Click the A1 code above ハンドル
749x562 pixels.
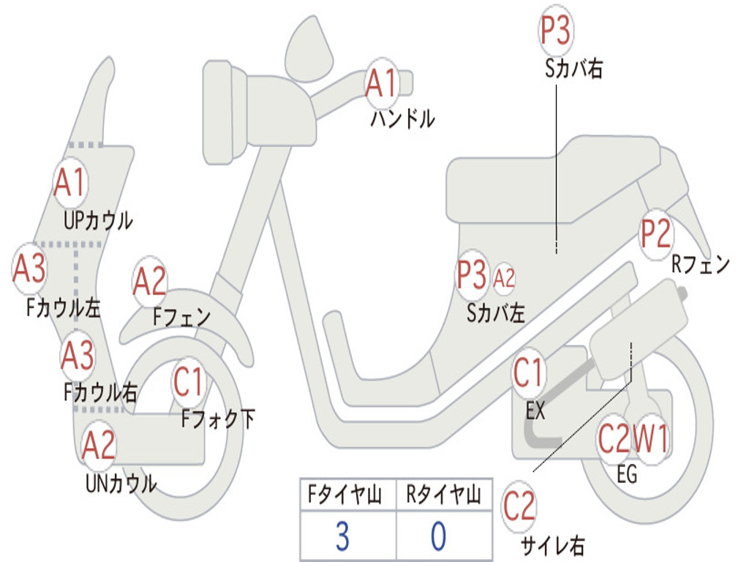pyautogui.click(x=381, y=83)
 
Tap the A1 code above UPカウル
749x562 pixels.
pyautogui.click(x=70, y=182)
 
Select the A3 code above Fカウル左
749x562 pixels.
pyautogui.click(x=30, y=268)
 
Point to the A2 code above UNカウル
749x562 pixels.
pyautogui.click(x=99, y=446)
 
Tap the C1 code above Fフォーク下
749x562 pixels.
pyautogui.click(x=189, y=381)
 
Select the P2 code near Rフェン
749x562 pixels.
pyautogui.click(x=655, y=233)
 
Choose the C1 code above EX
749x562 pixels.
pyautogui.click(x=529, y=373)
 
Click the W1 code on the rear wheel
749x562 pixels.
pyautogui.click(x=650, y=439)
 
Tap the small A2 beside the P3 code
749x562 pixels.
pyautogui.click(x=505, y=278)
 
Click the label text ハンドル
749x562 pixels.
pyautogui.click(x=402, y=118)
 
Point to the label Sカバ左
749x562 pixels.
pyautogui.click(x=496, y=313)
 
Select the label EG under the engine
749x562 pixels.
pyautogui.click(x=627, y=474)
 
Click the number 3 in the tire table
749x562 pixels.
pyautogui.click(x=342, y=536)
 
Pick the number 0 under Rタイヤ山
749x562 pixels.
pyautogui.click(x=438, y=536)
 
